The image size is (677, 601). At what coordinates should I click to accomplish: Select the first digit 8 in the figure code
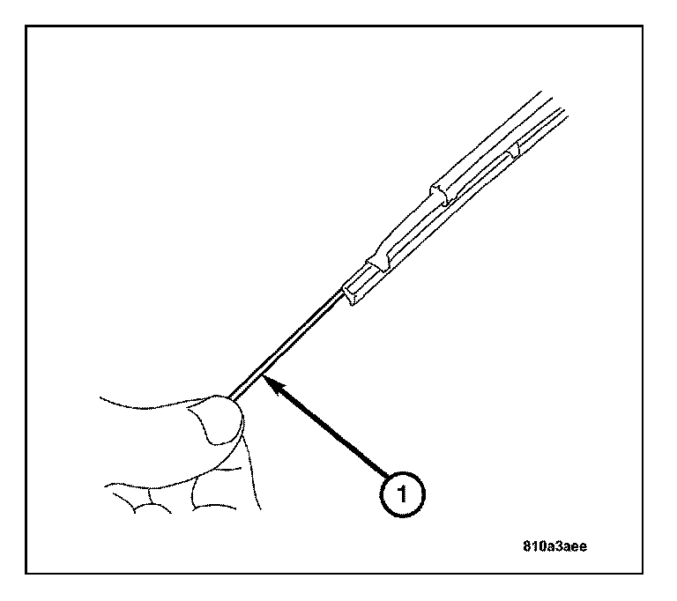525,545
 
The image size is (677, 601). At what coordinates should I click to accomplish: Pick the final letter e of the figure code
583,545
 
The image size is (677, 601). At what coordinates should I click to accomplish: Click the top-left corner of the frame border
27,27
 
